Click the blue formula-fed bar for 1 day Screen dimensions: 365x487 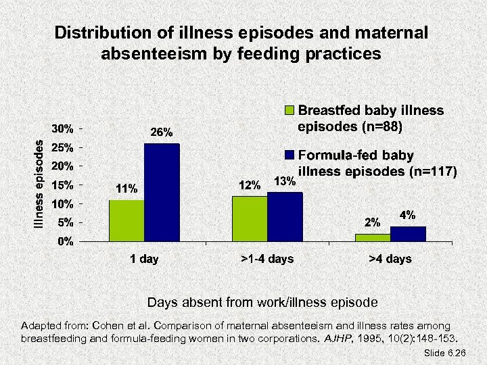[x=162, y=192]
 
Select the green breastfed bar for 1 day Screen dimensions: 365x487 [x=126, y=220]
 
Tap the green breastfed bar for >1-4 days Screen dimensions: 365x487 [x=250, y=218]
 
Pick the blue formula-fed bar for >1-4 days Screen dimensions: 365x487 [x=285, y=216]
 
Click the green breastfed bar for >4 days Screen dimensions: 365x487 [x=373, y=237]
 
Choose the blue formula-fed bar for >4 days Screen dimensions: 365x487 [x=408, y=233]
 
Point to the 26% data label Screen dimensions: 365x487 [x=161, y=132]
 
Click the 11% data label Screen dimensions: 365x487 [x=126, y=189]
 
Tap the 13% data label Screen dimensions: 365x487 [x=283, y=181]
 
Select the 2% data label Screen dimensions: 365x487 [x=372, y=222]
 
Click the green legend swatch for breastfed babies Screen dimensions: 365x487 [x=290, y=111]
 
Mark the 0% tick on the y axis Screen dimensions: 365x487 [x=66, y=241]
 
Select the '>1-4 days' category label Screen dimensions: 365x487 [x=266, y=259]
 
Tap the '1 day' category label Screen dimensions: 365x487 [x=144, y=259]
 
